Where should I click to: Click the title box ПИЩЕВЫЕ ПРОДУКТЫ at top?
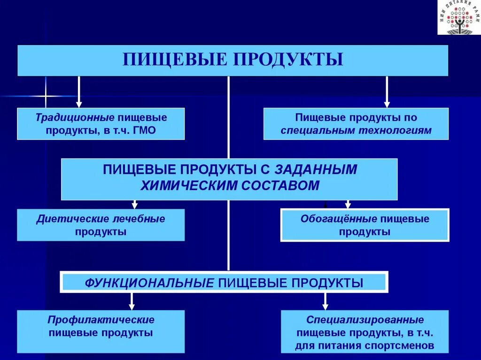pyautogui.click(x=233, y=61)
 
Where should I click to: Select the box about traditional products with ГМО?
pyautogui.click(x=101, y=123)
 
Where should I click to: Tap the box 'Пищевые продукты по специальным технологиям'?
pyautogui.click(x=356, y=123)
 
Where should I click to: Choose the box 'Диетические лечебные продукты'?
pyautogui.click(x=101, y=225)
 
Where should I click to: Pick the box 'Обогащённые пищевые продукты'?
pyautogui.click(x=365, y=225)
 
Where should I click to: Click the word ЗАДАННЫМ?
pyautogui.click(x=316, y=169)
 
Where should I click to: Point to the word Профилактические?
pyautogui.click(x=101, y=320)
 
